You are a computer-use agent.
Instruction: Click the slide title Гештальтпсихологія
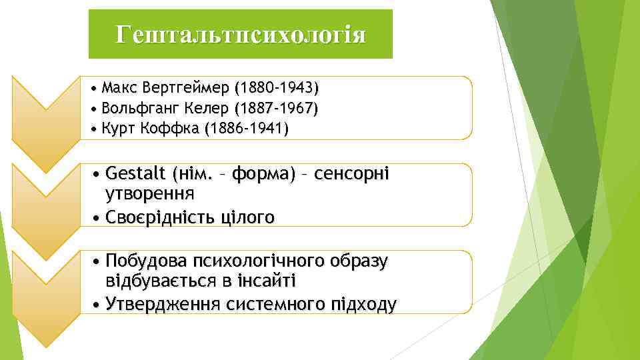click(240, 34)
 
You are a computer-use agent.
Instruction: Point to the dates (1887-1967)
click(276, 108)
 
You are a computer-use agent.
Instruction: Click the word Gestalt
click(136, 175)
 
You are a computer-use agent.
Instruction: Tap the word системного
click(274, 305)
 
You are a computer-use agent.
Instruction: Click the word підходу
click(363, 305)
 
